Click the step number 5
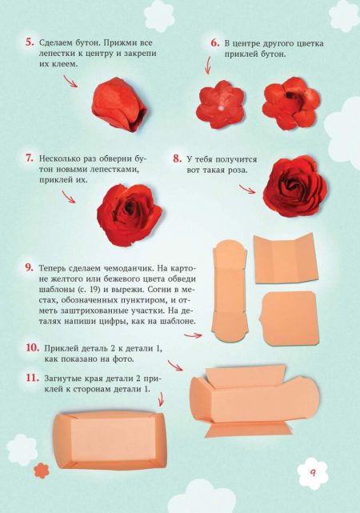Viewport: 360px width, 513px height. coord(30,42)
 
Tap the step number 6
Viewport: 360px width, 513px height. coord(215,43)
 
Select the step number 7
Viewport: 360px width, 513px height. coord(30,158)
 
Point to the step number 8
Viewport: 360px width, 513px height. coord(178,159)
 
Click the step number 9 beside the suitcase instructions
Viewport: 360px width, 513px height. coord(30,267)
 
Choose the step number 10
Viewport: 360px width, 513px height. coord(33,348)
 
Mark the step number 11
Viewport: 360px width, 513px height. coord(33,378)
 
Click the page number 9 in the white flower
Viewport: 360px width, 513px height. coord(313,473)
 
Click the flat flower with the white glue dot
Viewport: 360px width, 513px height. coord(220,105)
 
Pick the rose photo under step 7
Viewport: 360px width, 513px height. coord(130,215)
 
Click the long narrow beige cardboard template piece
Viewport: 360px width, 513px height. coord(230,291)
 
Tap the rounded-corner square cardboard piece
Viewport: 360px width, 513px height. coord(289,318)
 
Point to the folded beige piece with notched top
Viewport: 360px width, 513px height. coord(286,259)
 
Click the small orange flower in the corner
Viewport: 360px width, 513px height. coord(42,471)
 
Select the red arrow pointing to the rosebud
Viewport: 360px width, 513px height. coord(70,81)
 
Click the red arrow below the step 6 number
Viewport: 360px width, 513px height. coord(208,65)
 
